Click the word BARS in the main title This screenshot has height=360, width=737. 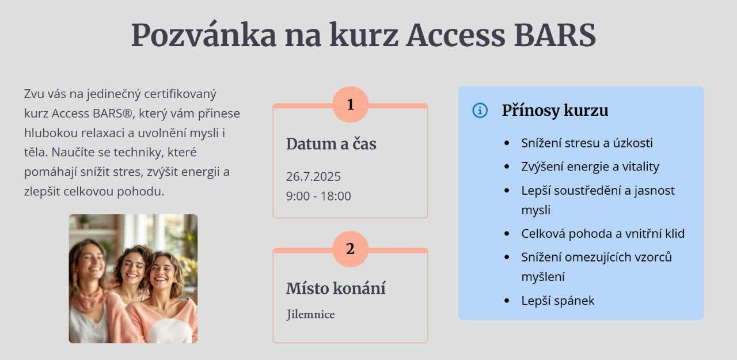[x=554, y=35]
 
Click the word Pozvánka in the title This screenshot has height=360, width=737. [x=204, y=35]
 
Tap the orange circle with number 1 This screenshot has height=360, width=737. [x=351, y=105]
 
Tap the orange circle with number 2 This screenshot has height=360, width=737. [x=351, y=249]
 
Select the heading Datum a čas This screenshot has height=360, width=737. [x=331, y=144]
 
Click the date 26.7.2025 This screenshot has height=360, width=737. [x=313, y=177]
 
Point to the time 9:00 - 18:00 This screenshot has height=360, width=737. [x=318, y=196]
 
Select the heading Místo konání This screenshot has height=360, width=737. [x=336, y=288]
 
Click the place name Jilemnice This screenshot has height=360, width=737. [x=310, y=314]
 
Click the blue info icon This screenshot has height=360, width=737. [x=480, y=110]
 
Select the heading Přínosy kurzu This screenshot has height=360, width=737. [x=555, y=111]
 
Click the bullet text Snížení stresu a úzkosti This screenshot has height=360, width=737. [x=587, y=143]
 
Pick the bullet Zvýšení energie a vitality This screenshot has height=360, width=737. [x=590, y=167]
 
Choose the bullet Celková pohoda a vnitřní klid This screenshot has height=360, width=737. [x=603, y=234]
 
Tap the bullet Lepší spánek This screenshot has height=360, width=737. [x=558, y=301]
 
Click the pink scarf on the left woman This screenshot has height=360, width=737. [x=88, y=300]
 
